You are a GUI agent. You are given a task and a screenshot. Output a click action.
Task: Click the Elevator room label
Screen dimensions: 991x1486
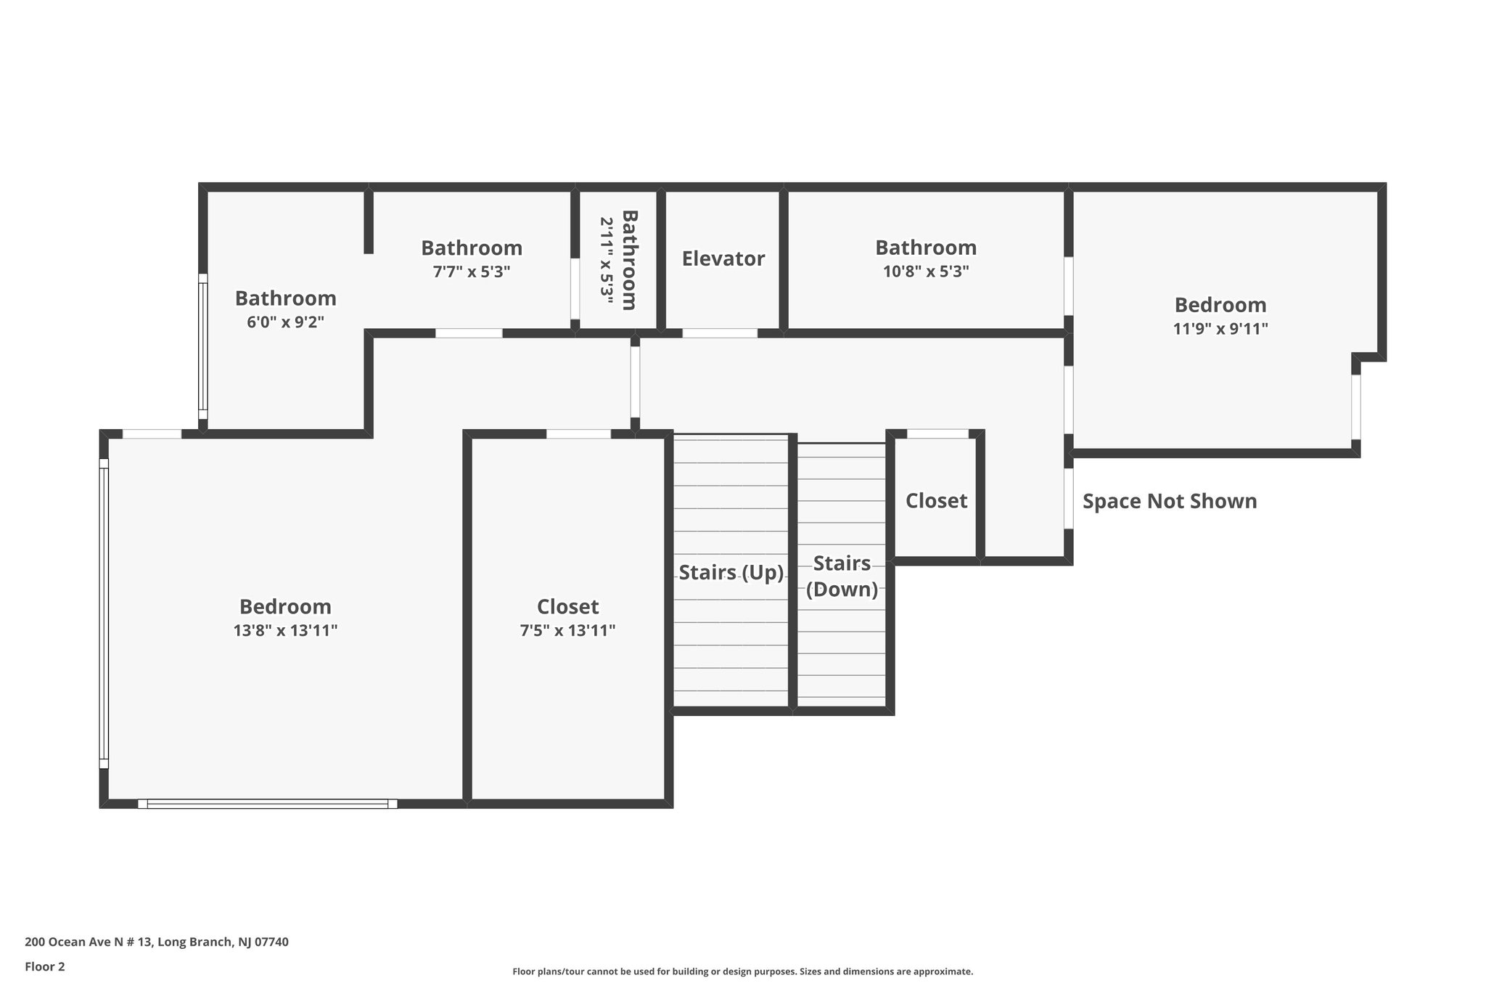(723, 259)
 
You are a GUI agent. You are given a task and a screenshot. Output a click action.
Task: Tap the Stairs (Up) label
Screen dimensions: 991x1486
(731, 573)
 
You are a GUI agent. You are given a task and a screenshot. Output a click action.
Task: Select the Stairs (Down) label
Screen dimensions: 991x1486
(842, 576)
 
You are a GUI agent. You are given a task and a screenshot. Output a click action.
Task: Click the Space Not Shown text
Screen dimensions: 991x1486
(1169, 502)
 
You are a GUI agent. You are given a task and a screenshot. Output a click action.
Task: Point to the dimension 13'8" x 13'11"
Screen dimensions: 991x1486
(285, 631)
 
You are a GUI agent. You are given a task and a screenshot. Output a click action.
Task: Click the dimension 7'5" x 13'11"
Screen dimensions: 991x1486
(567, 631)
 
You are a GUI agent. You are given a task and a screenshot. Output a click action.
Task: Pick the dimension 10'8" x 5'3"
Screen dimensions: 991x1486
(925, 272)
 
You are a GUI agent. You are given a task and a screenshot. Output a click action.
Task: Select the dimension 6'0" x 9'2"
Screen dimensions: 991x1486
(285, 322)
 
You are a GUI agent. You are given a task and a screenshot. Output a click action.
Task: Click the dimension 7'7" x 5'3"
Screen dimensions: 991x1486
(472, 272)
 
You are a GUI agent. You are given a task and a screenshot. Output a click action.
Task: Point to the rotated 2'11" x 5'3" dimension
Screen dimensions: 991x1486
(607, 260)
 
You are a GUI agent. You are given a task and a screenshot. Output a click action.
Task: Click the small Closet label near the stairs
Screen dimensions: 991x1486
(936, 501)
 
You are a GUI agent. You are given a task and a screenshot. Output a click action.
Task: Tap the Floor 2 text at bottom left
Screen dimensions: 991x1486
(45, 966)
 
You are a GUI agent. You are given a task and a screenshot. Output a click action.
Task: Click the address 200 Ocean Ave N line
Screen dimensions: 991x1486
(157, 942)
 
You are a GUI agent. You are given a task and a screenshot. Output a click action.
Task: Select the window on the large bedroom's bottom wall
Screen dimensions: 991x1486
(267, 804)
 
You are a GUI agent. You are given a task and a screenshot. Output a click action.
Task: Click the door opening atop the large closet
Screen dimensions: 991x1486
(578, 434)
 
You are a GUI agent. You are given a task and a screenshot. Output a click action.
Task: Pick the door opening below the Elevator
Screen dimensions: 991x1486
(720, 333)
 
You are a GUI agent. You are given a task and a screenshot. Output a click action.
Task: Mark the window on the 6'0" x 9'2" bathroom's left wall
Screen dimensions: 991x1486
(203, 347)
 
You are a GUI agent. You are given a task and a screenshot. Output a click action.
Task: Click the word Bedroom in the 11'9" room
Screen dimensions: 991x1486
(1220, 305)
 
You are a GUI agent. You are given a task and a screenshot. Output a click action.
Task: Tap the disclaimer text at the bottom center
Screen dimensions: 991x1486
(742, 971)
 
